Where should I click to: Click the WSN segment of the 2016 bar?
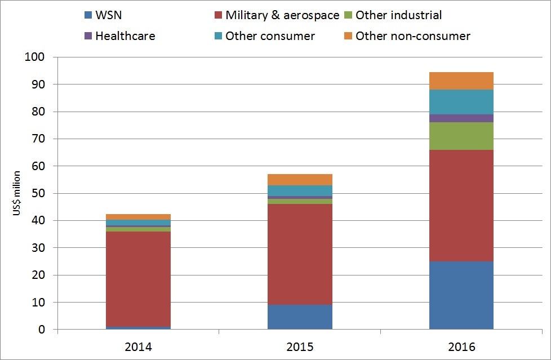[461, 295]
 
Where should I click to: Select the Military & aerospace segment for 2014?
[138, 279]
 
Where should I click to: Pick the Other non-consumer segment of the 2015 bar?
[300, 180]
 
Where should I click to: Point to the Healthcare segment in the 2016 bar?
[461, 118]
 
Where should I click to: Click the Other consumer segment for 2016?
[461, 102]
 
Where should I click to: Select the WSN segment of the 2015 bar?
[300, 317]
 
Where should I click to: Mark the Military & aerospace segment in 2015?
[300, 254]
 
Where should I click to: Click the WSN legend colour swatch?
[87, 15]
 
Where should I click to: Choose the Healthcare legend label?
[125, 36]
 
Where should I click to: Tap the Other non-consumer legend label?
[413, 36]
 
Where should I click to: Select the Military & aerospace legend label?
[282, 15]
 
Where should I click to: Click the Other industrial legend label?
[399, 15]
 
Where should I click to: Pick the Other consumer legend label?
[270, 36]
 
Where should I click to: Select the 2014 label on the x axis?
[138, 345]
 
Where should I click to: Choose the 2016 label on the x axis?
[461, 345]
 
